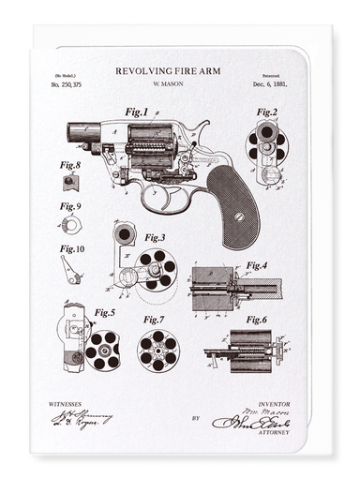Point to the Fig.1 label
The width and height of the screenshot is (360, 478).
coord(137,112)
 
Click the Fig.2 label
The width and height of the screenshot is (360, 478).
coord(267,112)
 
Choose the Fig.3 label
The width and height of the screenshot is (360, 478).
coord(155,238)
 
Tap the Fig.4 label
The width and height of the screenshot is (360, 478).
coord(257,264)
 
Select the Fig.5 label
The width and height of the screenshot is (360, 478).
coord(104,312)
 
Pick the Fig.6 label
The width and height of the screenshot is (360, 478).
coord(256,320)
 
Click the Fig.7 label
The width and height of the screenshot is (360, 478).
coord(155,320)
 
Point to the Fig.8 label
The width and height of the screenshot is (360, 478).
coord(70,165)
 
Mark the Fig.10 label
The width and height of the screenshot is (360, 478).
coord(72,249)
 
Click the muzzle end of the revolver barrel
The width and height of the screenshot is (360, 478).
coord(70,136)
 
